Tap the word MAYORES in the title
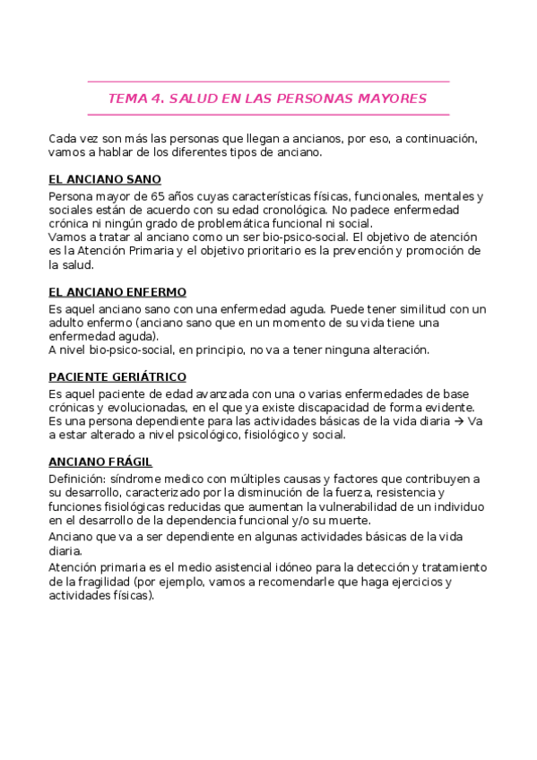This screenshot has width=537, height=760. tap(394, 99)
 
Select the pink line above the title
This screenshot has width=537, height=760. tap(268, 82)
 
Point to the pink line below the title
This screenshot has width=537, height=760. tap(268, 115)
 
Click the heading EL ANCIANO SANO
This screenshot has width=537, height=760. tap(105, 179)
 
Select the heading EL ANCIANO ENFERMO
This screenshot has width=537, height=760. tap(117, 292)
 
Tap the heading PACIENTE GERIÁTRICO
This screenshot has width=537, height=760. tap(117, 377)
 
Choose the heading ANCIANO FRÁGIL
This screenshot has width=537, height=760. tap(100, 462)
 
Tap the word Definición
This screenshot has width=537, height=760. tap(77, 479)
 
